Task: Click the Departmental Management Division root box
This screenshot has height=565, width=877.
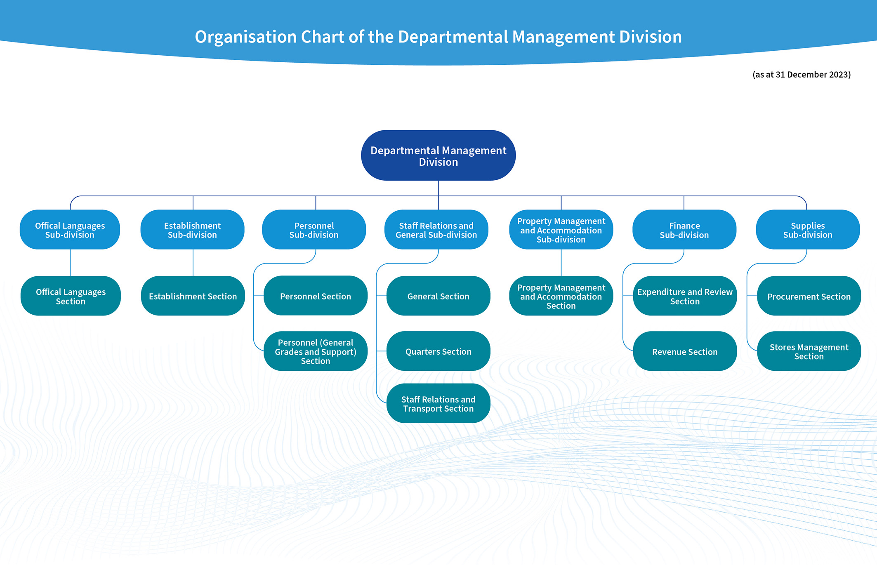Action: click(438, 155)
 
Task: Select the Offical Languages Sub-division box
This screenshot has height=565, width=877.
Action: click(70, 230)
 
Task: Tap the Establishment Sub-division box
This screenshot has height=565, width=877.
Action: click(192, 230)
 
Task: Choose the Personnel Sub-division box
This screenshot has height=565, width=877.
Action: click(314, 230)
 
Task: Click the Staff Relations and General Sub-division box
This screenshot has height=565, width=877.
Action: click(436, 230)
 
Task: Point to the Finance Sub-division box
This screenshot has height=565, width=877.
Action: click(684, 230)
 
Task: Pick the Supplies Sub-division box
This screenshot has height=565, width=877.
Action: click(808, 230)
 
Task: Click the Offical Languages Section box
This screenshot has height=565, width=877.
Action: click(71, 296)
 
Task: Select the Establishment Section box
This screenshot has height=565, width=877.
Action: click(193, 296)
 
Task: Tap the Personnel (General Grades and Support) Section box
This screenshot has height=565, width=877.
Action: click(316, 351)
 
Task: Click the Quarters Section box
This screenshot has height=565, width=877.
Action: click(438, 351)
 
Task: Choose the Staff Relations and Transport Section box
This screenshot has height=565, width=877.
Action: click(438, 404)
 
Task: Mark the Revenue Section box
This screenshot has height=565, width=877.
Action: click(685, 351)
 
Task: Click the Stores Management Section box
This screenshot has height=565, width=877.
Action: click(809, 351)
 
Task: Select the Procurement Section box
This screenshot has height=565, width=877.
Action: click(809, 296)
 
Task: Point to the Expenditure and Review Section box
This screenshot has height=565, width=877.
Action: click(685, 296)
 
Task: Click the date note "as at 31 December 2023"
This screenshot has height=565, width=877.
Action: click(802, 75)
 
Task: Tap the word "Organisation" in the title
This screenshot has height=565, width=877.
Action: click(246, 37)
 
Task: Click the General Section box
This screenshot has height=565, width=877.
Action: click(438, 296)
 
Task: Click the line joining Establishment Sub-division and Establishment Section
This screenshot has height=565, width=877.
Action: click(193, 263)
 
